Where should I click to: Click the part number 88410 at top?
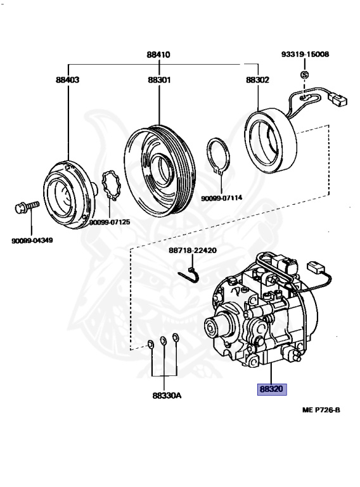(x=158, y=55)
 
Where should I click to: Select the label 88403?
(x=68, y=81)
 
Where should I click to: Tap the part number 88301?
(x=158, y=81)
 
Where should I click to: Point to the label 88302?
(x=257, y=81)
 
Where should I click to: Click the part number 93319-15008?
(x=305, y=55)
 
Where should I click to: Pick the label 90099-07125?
(x=110, y=223)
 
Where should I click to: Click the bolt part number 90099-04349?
(x=32, y=240)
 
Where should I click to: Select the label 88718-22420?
(x=193, y=250)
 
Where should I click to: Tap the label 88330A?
(x=167, y=395)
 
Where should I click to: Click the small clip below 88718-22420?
(x=190, y=274)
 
